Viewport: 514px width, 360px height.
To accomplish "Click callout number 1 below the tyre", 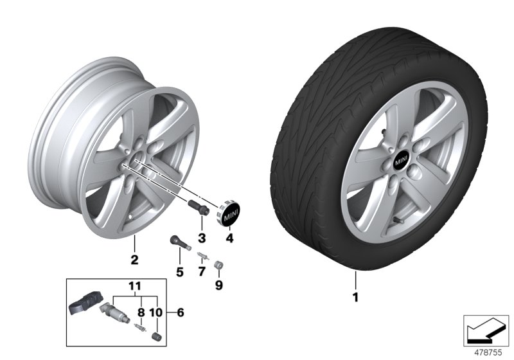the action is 354,298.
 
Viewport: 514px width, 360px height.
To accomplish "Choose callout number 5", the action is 180,272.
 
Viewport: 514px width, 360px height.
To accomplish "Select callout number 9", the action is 218,284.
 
